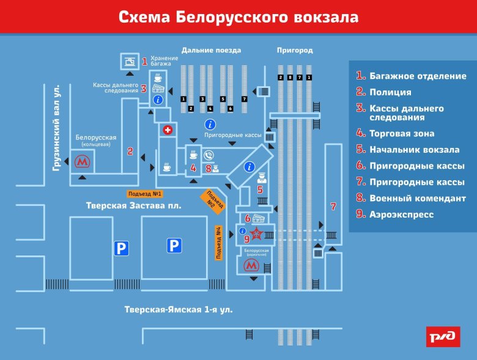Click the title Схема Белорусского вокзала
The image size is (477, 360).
point(238,16)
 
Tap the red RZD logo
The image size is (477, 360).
point(443,336)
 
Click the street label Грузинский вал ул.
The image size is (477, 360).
point(56,127)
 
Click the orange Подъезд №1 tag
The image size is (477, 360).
point(145,194)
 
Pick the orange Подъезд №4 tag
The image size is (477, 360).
point(218,243)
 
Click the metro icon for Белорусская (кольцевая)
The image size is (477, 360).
point(81,162)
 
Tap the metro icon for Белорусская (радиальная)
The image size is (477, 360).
point(251,266)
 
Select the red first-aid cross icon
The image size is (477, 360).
point(167,131)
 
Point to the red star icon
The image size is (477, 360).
point(258,233)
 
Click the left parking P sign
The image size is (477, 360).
point(121,248)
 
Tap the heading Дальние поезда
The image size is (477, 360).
point(211,50)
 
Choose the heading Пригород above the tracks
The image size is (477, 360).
point(295,50)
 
